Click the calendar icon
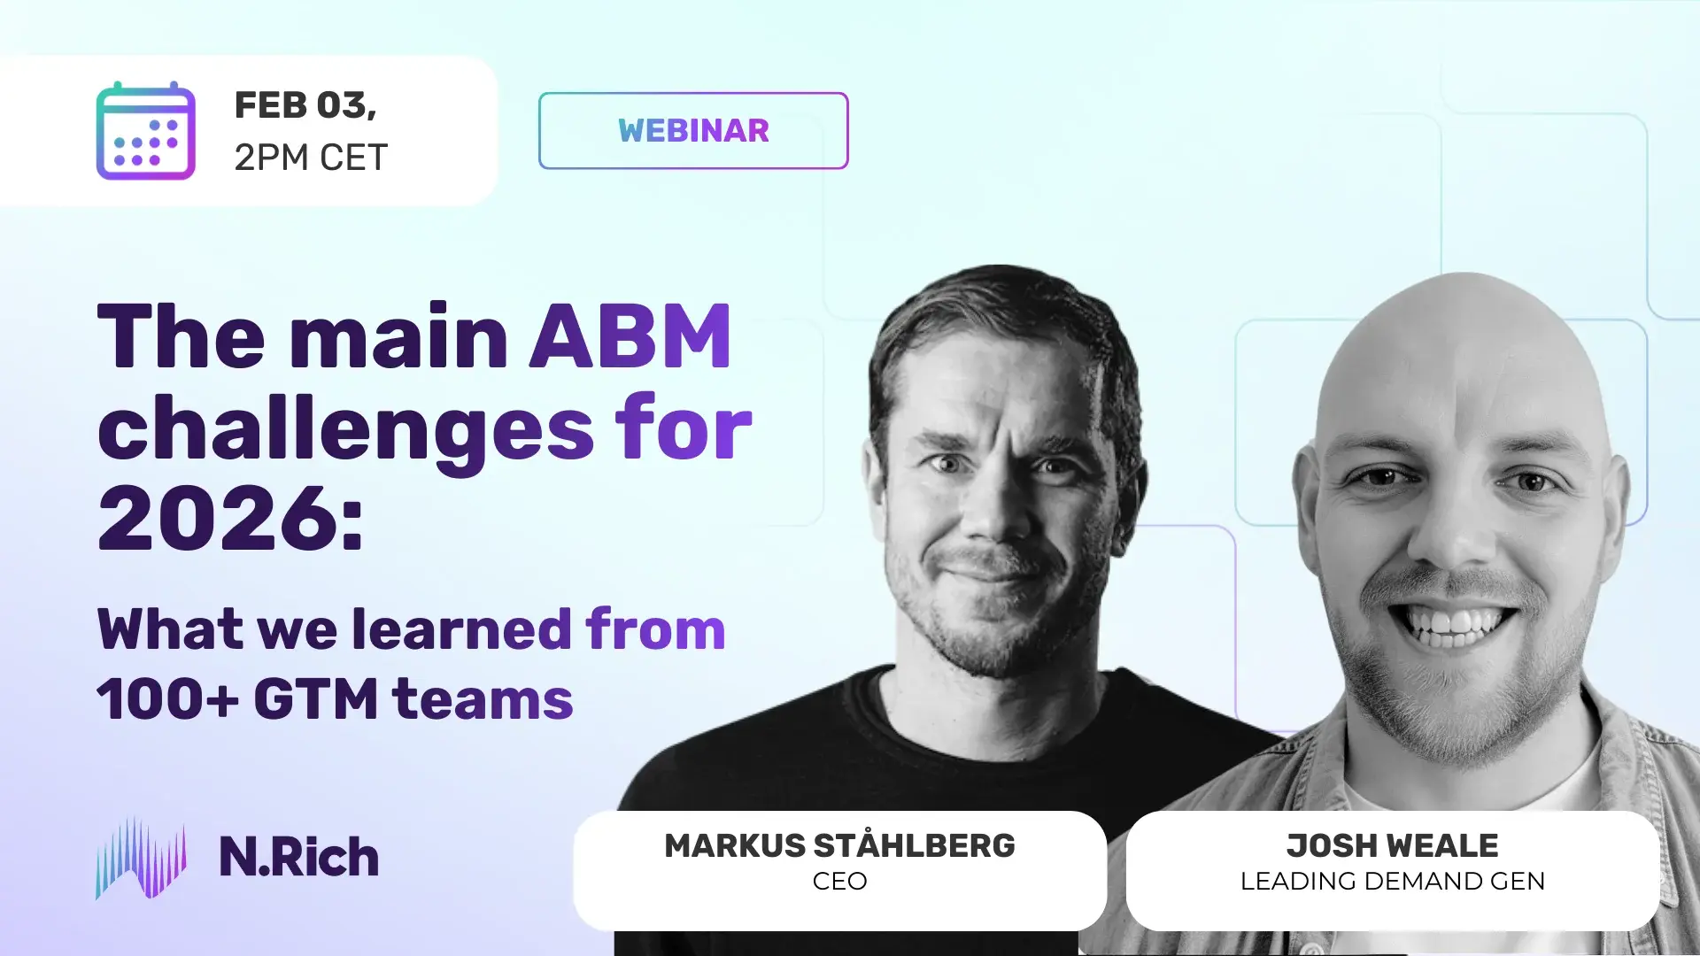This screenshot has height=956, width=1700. pos(145,131)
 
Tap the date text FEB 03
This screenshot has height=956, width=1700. pos(305,105)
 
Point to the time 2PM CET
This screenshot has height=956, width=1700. pos(311,158)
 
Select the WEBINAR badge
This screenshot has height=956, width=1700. pos(693,131)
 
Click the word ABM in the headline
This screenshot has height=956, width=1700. pos(630,337)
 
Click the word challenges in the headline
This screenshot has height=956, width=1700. pos(345,430)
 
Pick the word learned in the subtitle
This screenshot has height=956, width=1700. pos(461,629)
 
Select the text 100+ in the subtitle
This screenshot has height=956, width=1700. pos(167,699)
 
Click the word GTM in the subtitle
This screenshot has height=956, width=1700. pos(316,699)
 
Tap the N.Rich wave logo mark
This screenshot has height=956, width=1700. pos(141,858)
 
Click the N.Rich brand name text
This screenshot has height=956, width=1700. pos(299,857)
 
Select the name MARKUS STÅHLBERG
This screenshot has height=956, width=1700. pos(839,846)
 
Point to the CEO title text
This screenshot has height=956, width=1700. pos(839,882)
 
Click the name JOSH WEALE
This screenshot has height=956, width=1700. pos(1392,846)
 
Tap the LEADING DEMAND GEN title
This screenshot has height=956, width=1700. pos(1392,882)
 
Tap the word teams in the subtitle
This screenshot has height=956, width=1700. pos(483,699)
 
